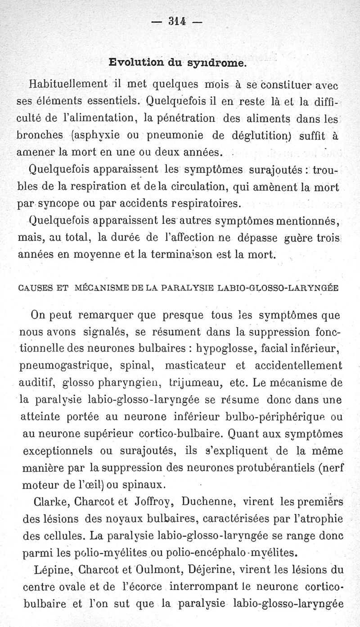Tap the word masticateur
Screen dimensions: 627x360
pyautogui.click(x=194, y=365)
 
